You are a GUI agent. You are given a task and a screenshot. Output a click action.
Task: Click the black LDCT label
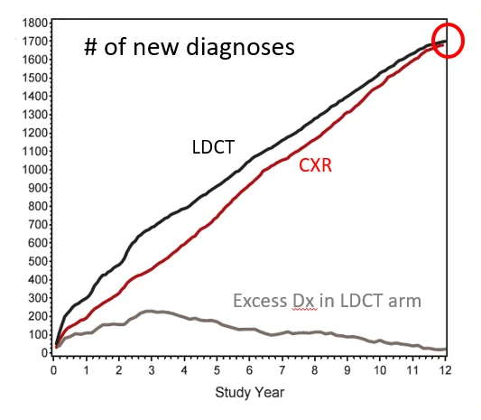coord(213,146)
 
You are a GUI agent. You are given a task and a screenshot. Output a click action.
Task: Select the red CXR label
coord(315,165)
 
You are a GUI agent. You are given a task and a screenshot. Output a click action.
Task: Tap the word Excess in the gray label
coord(260,301)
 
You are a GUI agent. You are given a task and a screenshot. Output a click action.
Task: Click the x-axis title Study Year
coord(250,393)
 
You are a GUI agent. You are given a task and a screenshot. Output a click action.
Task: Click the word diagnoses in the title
coord(240,47)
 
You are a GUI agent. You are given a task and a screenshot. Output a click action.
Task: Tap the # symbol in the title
coord(90,47)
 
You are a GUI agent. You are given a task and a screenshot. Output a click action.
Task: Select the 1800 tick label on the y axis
coord(34,23)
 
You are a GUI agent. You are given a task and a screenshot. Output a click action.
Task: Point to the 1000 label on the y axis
coord(34,170)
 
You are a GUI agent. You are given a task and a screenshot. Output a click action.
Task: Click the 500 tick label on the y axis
coord(38,261)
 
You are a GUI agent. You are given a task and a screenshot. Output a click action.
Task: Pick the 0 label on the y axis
coord(44,353)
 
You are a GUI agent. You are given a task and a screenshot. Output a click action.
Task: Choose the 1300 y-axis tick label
coord(34,115)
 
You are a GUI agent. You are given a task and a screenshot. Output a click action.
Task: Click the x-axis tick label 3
coord(152,370)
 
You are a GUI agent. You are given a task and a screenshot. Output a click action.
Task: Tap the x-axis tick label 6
coord(249,370)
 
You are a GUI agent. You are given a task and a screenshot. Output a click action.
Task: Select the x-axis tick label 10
coord(380,370)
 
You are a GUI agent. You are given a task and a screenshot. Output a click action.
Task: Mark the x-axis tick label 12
coord(445,370)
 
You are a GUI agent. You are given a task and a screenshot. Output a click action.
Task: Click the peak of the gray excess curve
coord(149,311)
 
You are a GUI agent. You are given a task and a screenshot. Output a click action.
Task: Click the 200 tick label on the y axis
coord(38,316)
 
